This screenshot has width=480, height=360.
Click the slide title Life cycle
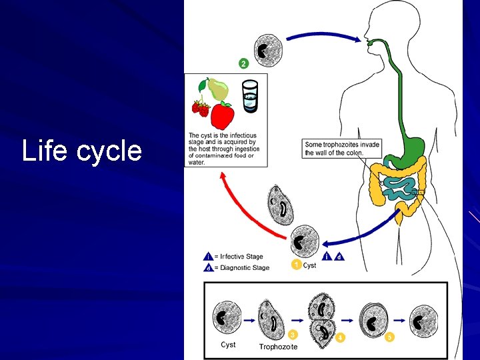[81, 151]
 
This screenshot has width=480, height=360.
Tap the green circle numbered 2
[243, 64]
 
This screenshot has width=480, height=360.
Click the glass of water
[250, 97]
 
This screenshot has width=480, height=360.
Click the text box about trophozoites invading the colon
[342, 148]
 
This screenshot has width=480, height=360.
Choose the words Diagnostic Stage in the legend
[243, 268]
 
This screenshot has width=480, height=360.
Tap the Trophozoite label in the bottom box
[278, 347]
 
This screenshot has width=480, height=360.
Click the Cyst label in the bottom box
[228, 345]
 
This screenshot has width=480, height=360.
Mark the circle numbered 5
[390, 337]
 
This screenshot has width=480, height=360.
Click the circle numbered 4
[340, 337]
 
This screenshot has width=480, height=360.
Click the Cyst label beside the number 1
[310, 265]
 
